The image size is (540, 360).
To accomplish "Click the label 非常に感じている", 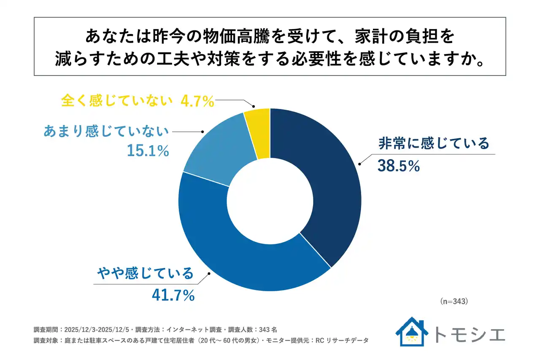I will click(434, 143).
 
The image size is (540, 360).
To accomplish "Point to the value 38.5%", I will click(399, 166).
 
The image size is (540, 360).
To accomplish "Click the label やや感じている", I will click(145, 273).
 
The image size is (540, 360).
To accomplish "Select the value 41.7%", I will click(173, 295).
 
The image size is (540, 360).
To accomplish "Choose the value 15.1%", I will click(148, 151).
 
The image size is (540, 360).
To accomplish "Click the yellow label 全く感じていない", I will click(117, 101).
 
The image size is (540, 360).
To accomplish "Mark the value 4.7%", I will click(197, 101).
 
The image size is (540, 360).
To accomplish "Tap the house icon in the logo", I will click(412, 332).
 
